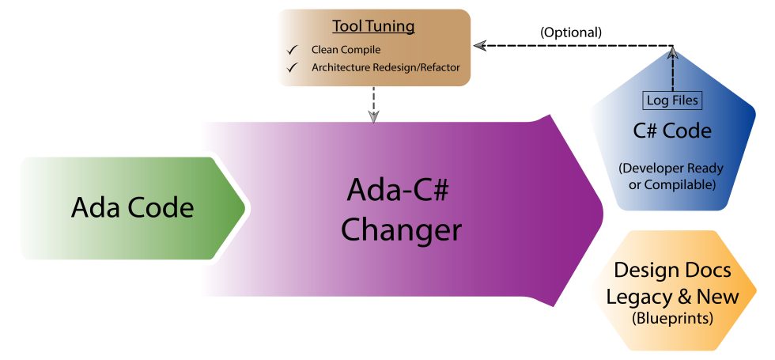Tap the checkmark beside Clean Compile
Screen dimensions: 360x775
(292, 50)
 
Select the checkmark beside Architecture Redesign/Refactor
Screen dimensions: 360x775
(292, 67)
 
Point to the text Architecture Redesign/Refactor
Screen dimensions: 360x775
(385, 67)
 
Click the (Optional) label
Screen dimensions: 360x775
(570, 32)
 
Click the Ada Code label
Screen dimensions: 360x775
(132, 208)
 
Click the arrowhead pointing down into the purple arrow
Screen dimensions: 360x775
(374, 116)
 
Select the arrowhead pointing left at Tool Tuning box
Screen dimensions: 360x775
(478, 45)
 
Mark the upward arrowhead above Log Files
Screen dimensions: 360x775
(672, 52)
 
